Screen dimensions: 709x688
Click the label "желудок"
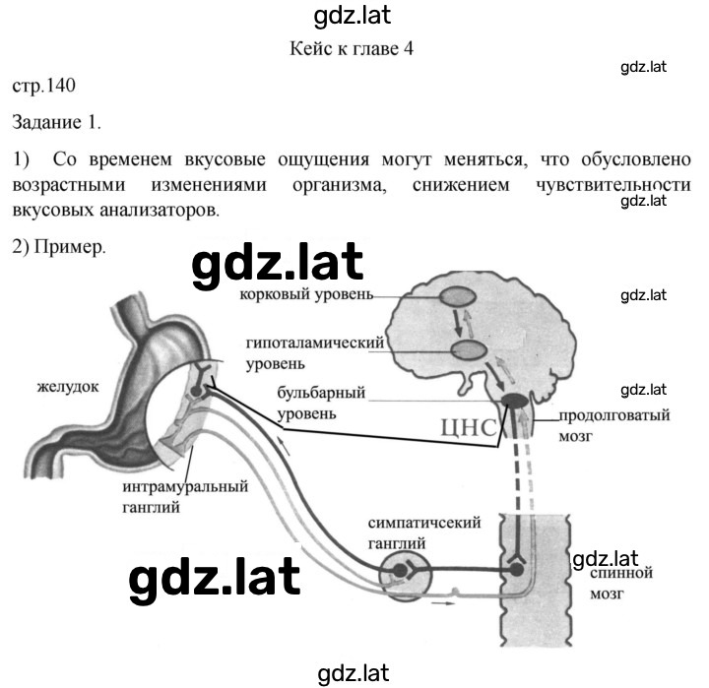(68, 387)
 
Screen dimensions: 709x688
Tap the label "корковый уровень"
(306, 294)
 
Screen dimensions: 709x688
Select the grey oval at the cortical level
(458, 296)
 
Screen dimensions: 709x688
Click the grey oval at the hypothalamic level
(470, 350)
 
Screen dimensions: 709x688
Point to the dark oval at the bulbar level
(515, 400)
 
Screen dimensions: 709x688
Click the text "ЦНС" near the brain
(469, 427)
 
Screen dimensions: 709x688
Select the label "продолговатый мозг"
(614, 425)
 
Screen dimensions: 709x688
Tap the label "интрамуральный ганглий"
(185, 497)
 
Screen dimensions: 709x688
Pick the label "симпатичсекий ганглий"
(424, 532)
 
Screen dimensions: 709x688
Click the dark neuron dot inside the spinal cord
(516, 570)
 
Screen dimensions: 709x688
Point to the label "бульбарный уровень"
(321, 403)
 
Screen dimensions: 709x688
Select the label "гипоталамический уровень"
(315, 353)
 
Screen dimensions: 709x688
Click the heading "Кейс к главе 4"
(352, 48)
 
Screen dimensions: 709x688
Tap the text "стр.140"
(44, 86)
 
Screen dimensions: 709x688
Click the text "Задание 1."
(56, 122)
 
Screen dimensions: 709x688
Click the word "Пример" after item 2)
(70, 247)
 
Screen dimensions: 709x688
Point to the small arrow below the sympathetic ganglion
(443, 603)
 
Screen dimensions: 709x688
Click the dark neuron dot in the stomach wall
(195, 391)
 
